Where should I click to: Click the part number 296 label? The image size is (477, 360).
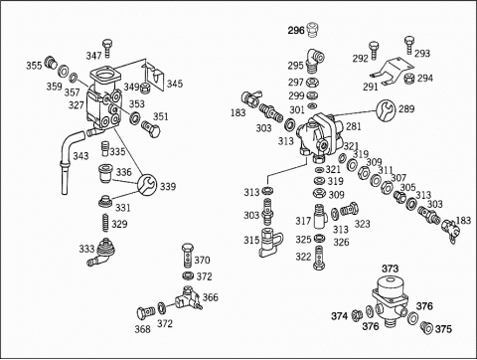tap(296, 31)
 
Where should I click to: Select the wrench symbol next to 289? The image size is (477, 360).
tap(386, 110)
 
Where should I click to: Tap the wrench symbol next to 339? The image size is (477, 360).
tap(147, 185)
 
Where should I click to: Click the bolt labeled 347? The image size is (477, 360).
tap(107, 49)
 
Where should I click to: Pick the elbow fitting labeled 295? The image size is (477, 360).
tap(314, 61)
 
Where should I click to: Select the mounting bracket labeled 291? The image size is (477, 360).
tap(391, 72)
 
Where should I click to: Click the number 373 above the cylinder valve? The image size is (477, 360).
tap(391, 269)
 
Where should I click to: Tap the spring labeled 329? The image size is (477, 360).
tap(105, 223)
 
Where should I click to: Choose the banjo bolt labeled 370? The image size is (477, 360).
tap(187, 256)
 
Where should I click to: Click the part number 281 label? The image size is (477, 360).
tap(354, 126)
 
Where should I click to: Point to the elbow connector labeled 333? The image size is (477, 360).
tap(100, 252)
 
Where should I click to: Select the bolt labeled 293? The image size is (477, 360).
tap(409, 45)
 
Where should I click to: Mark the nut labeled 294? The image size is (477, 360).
tap(409, 79)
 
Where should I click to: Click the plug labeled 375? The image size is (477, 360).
tap(426, 327)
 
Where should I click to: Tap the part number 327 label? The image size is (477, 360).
tap(77, 105)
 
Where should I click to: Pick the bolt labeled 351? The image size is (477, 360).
tap(151, 129)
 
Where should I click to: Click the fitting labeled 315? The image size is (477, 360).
tap(271, 243)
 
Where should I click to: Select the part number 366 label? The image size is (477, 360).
tap(211, 297)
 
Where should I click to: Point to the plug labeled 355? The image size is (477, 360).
tap(51, 63)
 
